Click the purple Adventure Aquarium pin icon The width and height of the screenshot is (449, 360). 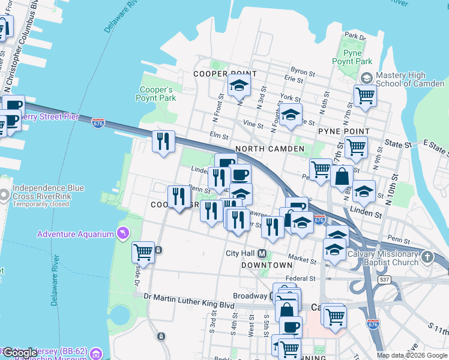coord(124,233)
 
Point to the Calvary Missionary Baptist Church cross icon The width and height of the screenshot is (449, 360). coord(427,257)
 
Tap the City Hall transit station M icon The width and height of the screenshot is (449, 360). coord(262,253)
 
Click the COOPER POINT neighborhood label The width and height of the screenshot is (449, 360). coord(225,74)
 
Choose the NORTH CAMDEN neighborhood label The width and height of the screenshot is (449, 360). coord(270,149)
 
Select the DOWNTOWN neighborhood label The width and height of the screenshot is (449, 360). coord(267,265)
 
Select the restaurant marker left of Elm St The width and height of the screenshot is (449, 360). coord(163,142)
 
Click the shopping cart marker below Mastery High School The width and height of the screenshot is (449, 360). coord(364,95)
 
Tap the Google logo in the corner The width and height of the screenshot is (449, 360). coord(20,353)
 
